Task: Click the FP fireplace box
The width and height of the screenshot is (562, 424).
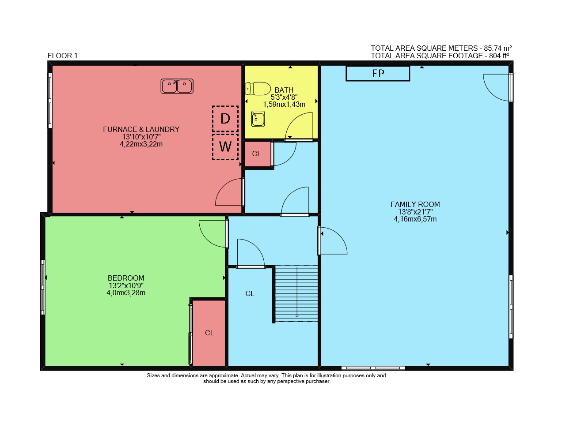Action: pyautogui.click(x=378, y=74)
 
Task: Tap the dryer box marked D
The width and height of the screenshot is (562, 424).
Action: pyautogui.click(x=225, y=119)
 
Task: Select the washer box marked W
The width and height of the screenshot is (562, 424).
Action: pyautogui.click(x=225, y=147)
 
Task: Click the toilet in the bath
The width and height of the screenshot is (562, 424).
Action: pyautogui.click(x=258, y=88)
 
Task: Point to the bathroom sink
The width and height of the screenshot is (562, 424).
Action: pyautogui.click(x=258, y=119)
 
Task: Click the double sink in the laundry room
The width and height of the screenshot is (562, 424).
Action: pyautogui.click(x=177, y=86)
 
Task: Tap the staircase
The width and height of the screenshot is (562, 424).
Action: pyautogui.click(x=296, y=293)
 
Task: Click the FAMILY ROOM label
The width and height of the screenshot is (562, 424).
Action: pyautogui.click(x=415, y=204)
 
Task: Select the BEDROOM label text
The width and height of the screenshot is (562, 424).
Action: pyautogui.click(x=126, y=278)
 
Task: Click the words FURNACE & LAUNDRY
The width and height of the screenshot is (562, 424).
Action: pyautogui.click(x=141, y=129)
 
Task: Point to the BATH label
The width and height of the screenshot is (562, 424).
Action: pyautogui.click(x=284, y=90)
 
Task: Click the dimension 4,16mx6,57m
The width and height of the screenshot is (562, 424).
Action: pyautogui.click(x=415, y=219)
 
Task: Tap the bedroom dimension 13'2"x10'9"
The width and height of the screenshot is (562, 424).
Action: pyautogui.click(x=126, y=285)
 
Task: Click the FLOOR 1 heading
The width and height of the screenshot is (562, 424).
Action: pyautogui.click(x=62, y=56)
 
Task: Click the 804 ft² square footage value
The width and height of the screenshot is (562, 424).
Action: pyautogui.click(x=499, y=56)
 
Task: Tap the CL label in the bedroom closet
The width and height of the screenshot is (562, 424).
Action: pyautogui.click(x=209, y=333)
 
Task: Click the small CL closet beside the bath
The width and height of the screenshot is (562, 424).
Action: pyautogui.click(x=257, y=154)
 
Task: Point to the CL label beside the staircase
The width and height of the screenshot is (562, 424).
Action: pyautogui.click(x=250, y=294)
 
